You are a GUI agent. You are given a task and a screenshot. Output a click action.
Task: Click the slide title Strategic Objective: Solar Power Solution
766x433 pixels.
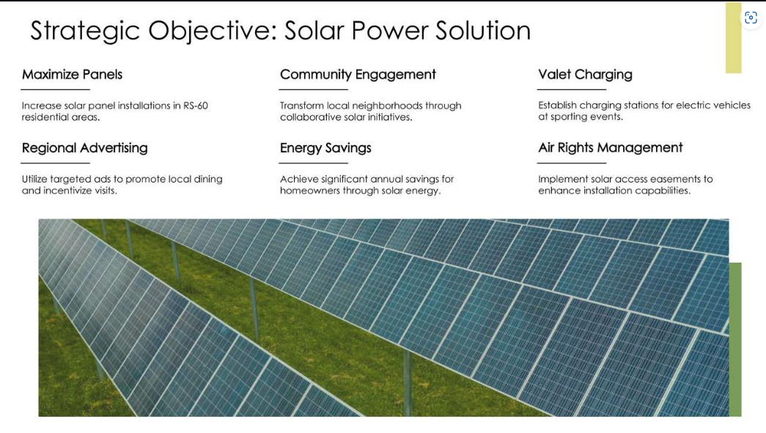point(280,31)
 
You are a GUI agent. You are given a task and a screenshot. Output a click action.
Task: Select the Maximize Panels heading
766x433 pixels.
point(72,75)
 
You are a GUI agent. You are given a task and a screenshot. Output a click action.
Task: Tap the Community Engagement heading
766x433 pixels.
point(358,75)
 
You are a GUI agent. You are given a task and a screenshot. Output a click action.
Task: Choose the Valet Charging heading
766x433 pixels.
point(585,75)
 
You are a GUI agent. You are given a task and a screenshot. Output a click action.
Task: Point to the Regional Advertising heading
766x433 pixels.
point(84,148)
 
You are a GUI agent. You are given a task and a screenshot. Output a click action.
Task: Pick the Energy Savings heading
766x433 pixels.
point(325,148)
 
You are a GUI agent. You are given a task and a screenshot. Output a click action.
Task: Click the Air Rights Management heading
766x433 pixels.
point(610,148)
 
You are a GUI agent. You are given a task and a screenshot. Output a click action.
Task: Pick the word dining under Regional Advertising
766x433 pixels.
point(208,179)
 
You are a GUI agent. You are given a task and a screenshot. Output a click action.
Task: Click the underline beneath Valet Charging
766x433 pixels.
point(572,89)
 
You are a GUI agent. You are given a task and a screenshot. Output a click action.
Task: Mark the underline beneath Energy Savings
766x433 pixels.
point(314,163)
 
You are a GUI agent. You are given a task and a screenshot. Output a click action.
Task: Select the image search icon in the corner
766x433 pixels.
point(751,18)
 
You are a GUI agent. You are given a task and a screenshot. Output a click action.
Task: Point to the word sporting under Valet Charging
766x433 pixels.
point(581,117)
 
